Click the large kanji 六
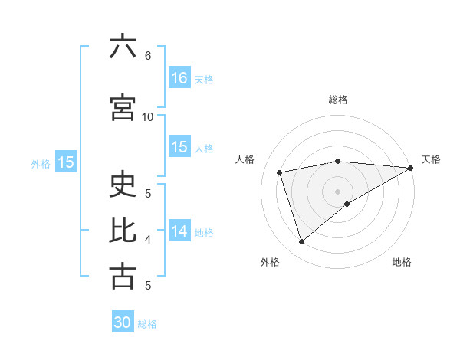123,47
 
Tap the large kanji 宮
123,108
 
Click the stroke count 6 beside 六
148,56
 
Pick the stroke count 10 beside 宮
148,117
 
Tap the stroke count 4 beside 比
148,240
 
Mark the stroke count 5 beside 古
148,286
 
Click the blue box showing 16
179,77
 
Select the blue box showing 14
179,231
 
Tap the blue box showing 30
123,322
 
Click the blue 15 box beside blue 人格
179,147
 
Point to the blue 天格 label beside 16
204,79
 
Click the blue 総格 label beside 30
147,324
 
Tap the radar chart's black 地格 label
402,263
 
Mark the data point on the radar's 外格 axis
301,242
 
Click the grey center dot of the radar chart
337,191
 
